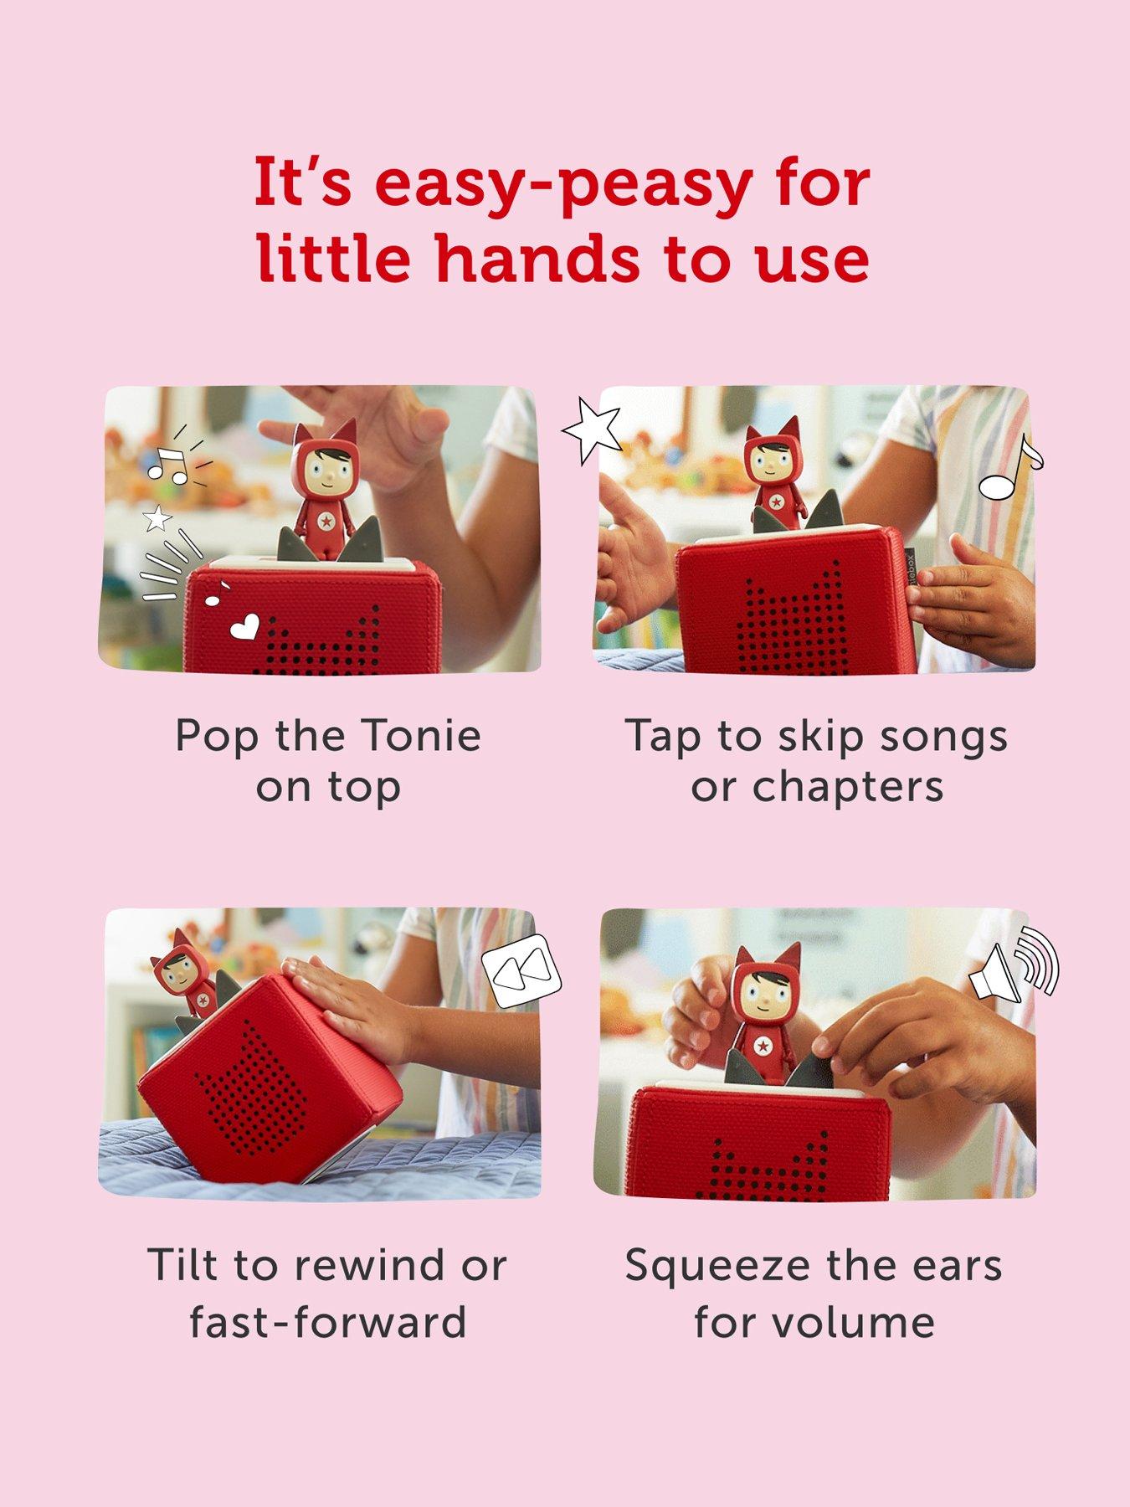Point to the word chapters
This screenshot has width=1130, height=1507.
coord(847,787)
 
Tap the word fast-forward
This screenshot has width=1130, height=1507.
coord(328,1322)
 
